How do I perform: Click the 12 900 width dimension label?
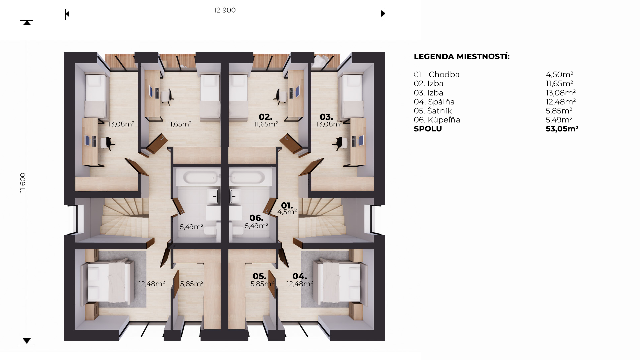point(225,10)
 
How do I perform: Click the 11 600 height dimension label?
point(23,182)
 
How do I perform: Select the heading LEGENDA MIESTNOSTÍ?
point(462,56)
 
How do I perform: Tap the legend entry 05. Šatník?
point(433,111)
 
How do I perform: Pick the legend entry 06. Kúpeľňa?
point(437,120)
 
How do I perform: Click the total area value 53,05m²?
point(562,129)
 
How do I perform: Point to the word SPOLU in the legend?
point(428,129)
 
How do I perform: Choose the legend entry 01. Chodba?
point(437,74)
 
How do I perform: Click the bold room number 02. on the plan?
point(265,117)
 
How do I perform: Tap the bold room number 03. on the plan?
point(326,117)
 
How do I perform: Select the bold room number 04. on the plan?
point(300,276)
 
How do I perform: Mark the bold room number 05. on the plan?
point(259,276)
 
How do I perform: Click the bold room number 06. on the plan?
point(256,218)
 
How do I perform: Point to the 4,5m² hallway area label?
point(287,212)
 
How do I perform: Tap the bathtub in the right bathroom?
point(247,177)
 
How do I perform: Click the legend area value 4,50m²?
point(559,74)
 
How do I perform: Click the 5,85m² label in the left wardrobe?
point(192,284)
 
